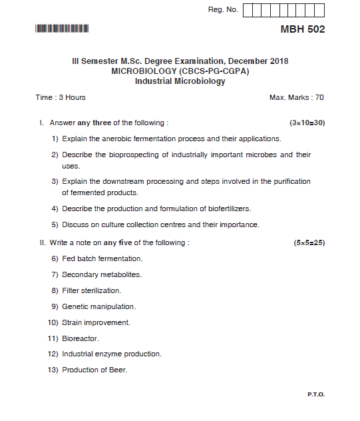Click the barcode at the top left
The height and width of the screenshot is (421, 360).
62,29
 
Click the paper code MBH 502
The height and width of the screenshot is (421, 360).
303,29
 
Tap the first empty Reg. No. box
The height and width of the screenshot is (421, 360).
248,10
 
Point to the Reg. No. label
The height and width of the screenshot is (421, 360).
223,10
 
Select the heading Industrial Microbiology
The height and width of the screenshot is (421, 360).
180,81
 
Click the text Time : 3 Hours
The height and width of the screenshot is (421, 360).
61,97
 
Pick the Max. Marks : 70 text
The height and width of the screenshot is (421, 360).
297,97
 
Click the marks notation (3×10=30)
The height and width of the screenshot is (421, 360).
307,123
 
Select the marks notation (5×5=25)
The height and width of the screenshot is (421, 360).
309,242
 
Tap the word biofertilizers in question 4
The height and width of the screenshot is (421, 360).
228,209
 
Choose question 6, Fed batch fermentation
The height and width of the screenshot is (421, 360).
102,258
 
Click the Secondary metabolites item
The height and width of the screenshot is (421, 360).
101,274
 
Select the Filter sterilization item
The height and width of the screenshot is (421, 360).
91,290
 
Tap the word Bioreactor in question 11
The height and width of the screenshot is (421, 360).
80,338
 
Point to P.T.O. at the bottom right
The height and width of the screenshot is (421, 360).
316,394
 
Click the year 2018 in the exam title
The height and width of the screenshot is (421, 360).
275,61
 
